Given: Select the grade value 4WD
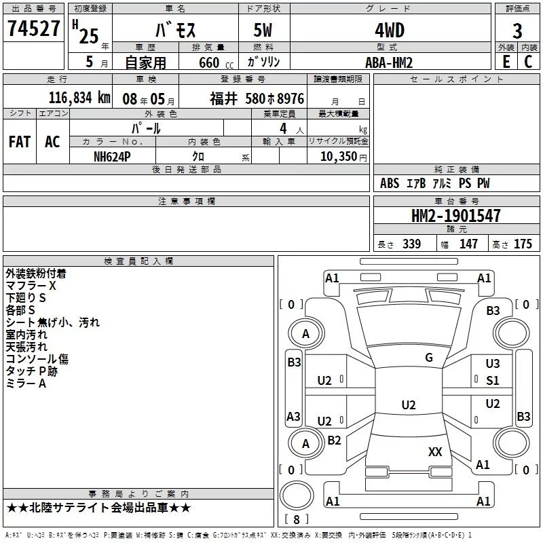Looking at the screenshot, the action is point(389,31).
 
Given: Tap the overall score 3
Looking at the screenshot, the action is point(517,31).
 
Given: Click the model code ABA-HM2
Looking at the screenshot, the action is point(389,62).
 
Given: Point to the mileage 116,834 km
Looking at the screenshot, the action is point(79,98).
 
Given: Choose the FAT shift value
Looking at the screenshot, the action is point(20,142).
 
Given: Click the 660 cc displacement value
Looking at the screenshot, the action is point(209,62).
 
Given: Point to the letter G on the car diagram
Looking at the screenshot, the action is point(429,358).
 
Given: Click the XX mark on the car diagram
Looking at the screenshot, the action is point(435,451).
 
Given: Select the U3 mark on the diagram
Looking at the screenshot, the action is point(493,364).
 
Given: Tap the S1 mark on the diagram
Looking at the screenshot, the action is point(493,380).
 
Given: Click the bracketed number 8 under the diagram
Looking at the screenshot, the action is point(296,519).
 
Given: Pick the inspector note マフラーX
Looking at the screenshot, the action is point(31,286).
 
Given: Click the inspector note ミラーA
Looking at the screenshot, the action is point(26,383).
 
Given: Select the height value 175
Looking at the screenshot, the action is point(523,244).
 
